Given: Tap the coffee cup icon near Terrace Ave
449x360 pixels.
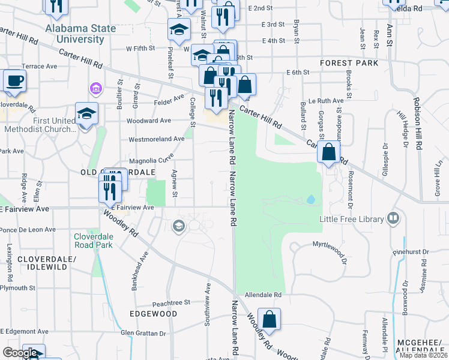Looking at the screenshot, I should coord(14,80).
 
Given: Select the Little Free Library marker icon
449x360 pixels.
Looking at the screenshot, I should coord(394,218).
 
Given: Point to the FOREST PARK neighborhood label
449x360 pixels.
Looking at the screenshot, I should coord(349,63).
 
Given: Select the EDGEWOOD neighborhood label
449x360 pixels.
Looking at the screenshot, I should coord(154,314).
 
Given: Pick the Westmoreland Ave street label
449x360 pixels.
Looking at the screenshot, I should coord(157,139).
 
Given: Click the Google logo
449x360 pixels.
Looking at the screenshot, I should coord(20,353).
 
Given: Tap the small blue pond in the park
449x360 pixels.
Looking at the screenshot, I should coord(310,199).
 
